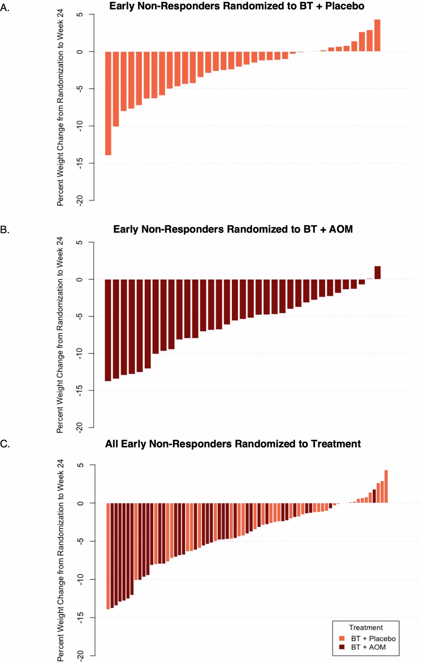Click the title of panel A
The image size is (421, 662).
[237, 6]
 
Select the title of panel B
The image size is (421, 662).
[233, 229]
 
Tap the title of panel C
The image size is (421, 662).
[233, 444]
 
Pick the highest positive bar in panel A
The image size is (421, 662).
[377, 35]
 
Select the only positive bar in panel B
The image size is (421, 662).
[377, 273]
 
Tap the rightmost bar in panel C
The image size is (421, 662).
[386, 486]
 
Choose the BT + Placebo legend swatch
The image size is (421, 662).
[342, 639]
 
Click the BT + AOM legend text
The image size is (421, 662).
[368, 647]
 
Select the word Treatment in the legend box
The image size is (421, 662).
[366, 628]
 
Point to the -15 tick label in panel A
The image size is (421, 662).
[80, 163]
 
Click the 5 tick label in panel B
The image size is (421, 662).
[80, 242]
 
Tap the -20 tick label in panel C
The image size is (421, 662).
[80, 655]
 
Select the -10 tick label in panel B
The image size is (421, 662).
[80, 353]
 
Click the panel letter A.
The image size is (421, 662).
[5, 8]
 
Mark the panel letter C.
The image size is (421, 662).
[5, 444]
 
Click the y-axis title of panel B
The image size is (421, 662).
[60, 334]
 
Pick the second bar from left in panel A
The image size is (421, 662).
[116, 89]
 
